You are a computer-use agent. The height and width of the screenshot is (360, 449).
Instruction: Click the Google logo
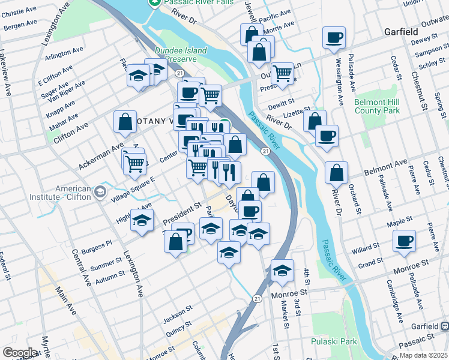point(20,353)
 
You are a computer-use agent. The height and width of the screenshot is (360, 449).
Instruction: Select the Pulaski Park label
point(334,341)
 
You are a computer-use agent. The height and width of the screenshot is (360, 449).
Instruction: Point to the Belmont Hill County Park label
point(377,106)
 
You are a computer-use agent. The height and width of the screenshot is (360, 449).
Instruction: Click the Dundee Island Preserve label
point(180,55)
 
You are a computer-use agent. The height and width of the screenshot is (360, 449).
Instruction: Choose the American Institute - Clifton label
point(74,193)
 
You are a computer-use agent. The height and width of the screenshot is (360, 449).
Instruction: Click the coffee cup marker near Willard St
point(404,241)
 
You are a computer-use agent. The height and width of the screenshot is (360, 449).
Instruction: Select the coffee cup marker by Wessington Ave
point(334,37)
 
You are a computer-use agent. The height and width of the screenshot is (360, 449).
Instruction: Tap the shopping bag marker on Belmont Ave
point(337,173)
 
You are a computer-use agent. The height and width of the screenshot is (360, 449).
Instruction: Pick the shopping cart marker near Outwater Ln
point(282,73)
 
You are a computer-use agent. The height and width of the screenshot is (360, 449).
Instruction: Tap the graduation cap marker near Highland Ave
point(142,221)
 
